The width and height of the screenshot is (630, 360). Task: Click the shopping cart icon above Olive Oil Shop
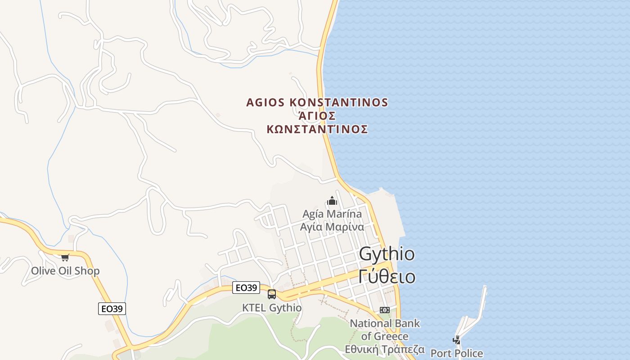pos(65,257)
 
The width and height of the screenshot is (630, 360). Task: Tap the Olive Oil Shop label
pos(65,271)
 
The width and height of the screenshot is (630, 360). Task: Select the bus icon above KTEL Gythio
pos(272,294)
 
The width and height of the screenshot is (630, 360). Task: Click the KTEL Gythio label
pos(272,308)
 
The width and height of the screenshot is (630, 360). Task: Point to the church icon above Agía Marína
pos(332,201)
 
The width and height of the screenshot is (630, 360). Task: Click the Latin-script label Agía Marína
pos(332,214)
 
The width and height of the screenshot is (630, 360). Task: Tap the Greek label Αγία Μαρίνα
pos(332,226)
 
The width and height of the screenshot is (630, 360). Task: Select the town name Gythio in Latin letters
pos(387,254)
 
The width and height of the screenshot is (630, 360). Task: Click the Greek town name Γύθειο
pos(387,276)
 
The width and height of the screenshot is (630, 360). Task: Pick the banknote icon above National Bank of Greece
pos(384,310)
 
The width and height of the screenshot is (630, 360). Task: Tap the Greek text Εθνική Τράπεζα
pos(385,349)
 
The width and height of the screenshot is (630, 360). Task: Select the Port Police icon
pos(457,340)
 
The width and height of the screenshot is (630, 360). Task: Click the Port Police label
pos(457,353)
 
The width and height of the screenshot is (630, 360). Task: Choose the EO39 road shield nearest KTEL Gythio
pos(246,288)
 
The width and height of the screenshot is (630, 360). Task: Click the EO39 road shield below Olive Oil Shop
pos(112,309)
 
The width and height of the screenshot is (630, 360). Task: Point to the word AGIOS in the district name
pos(265,103)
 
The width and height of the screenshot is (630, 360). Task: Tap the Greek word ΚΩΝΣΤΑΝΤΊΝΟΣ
pos(317,130)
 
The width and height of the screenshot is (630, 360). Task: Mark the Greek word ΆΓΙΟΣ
pos(317,116)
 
